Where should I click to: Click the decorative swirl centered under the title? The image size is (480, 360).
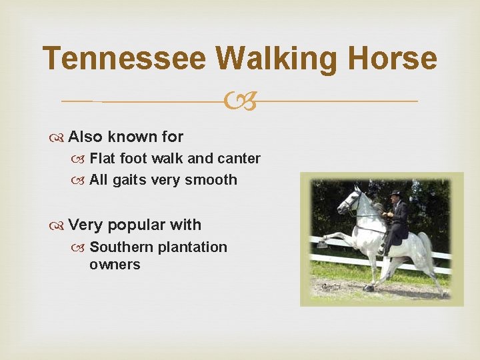tap(241, 101)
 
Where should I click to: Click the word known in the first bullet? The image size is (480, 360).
tap(132, 137)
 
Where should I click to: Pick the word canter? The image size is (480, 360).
tap(239, 159)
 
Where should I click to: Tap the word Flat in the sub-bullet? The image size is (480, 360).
tap(101, 159)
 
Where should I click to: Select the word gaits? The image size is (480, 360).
tap(129, 180)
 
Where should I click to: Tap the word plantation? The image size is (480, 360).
tap(193, 247)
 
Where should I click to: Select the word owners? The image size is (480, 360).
tap(115, 265)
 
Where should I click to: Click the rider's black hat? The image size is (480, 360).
tap(397, 194)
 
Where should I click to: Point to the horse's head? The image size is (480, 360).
tap(350, 200)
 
